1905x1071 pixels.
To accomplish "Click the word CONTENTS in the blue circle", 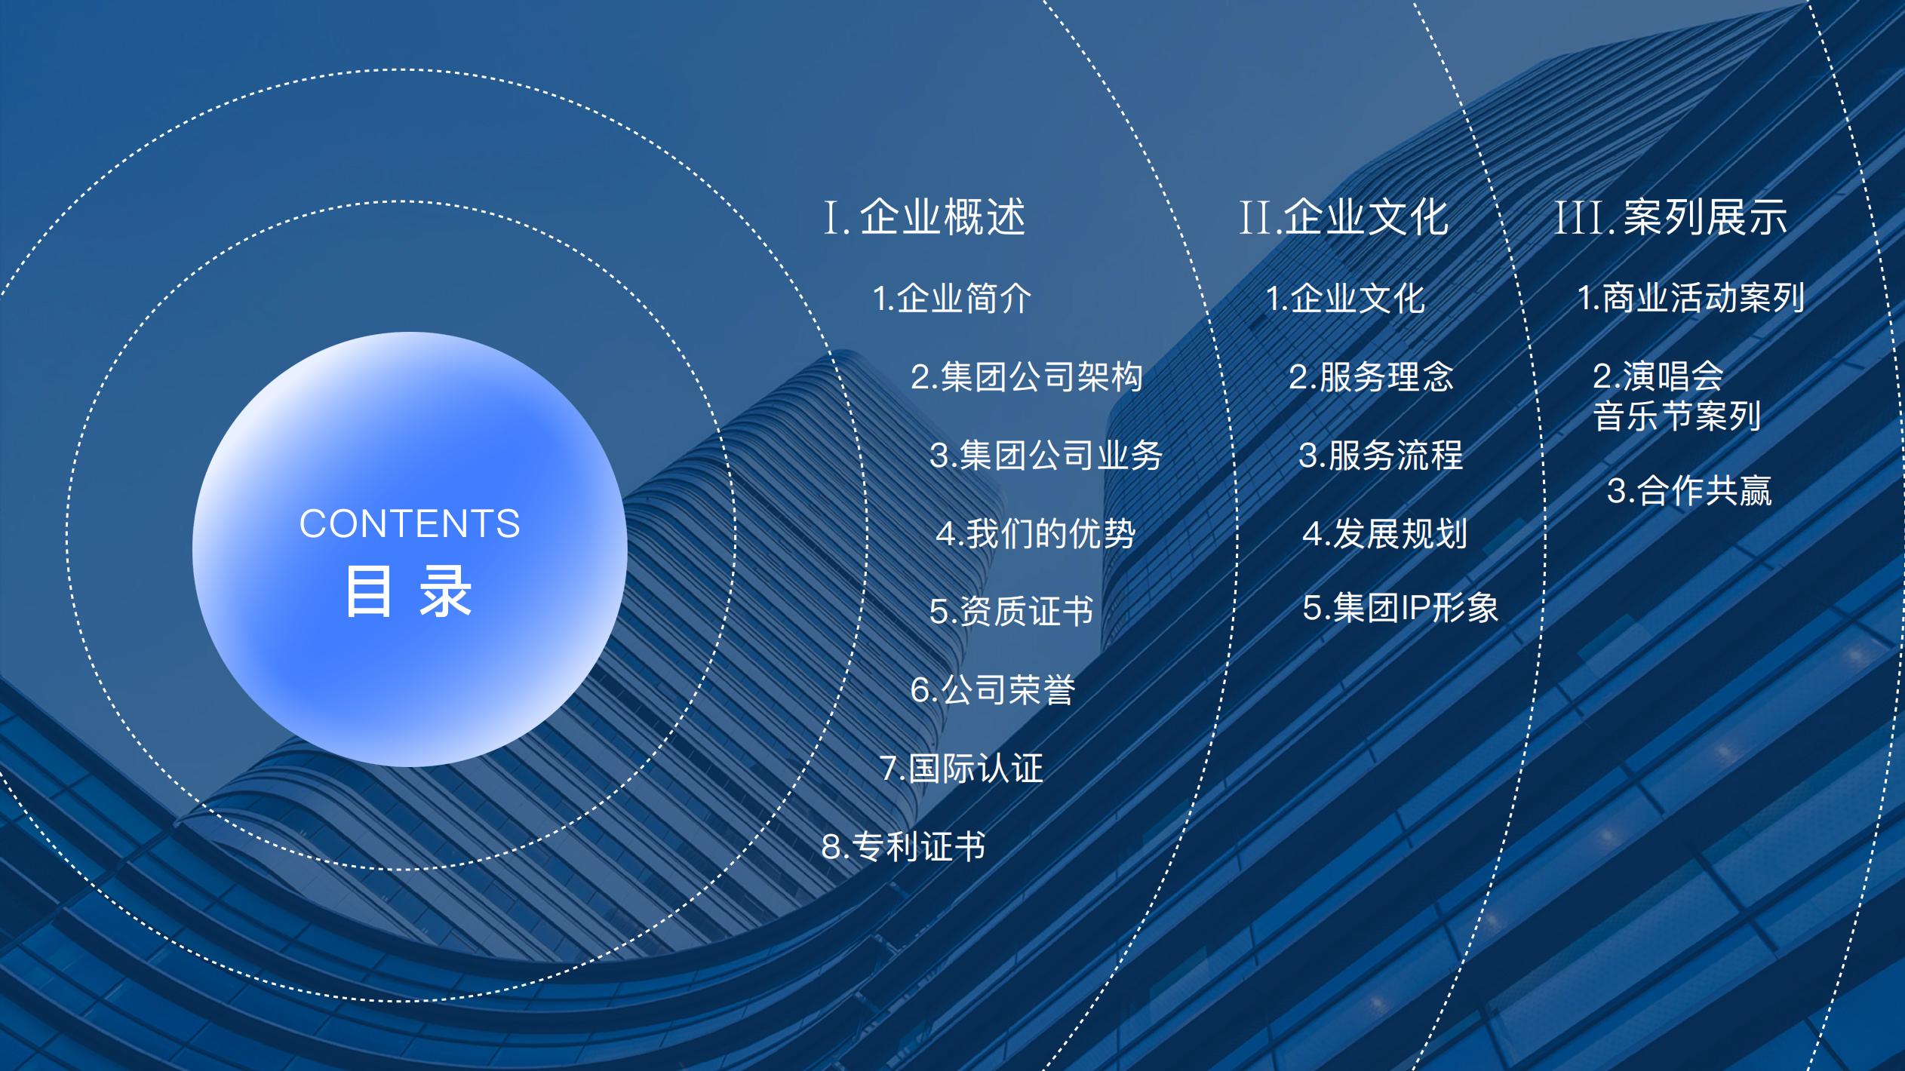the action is coord(410,523).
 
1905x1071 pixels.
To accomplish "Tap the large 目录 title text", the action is coord(409,591).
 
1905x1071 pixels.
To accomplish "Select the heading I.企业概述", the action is coord(925,217).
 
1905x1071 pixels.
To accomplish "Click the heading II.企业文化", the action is coord(1344,217).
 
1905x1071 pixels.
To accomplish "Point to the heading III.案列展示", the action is coord(1671,217).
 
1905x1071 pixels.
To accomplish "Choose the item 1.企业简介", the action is coord(952,299).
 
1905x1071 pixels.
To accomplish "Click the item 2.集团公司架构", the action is coord(1027,376).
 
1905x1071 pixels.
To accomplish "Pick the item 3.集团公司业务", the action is coord(1046,455).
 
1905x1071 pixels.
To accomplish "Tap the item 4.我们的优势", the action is coord(1036,533).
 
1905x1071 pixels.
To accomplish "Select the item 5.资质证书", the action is coord(1011,611).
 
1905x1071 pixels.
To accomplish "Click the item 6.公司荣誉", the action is coord(993,689).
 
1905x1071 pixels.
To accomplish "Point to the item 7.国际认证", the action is coord(962,768).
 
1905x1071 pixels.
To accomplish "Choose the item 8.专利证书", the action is coord(903,846).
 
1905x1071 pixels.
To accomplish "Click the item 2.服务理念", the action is coord(1371,376).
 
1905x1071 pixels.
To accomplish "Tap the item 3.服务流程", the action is coord(1381,455).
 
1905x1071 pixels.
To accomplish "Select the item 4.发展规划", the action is coord(1384,533).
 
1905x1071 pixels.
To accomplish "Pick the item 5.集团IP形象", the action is coord(1400,607).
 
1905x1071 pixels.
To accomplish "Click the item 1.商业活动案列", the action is coord(1691,298).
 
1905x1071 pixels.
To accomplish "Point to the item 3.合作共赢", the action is coord(1689,491).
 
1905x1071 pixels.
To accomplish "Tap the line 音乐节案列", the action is coord(1676,416).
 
